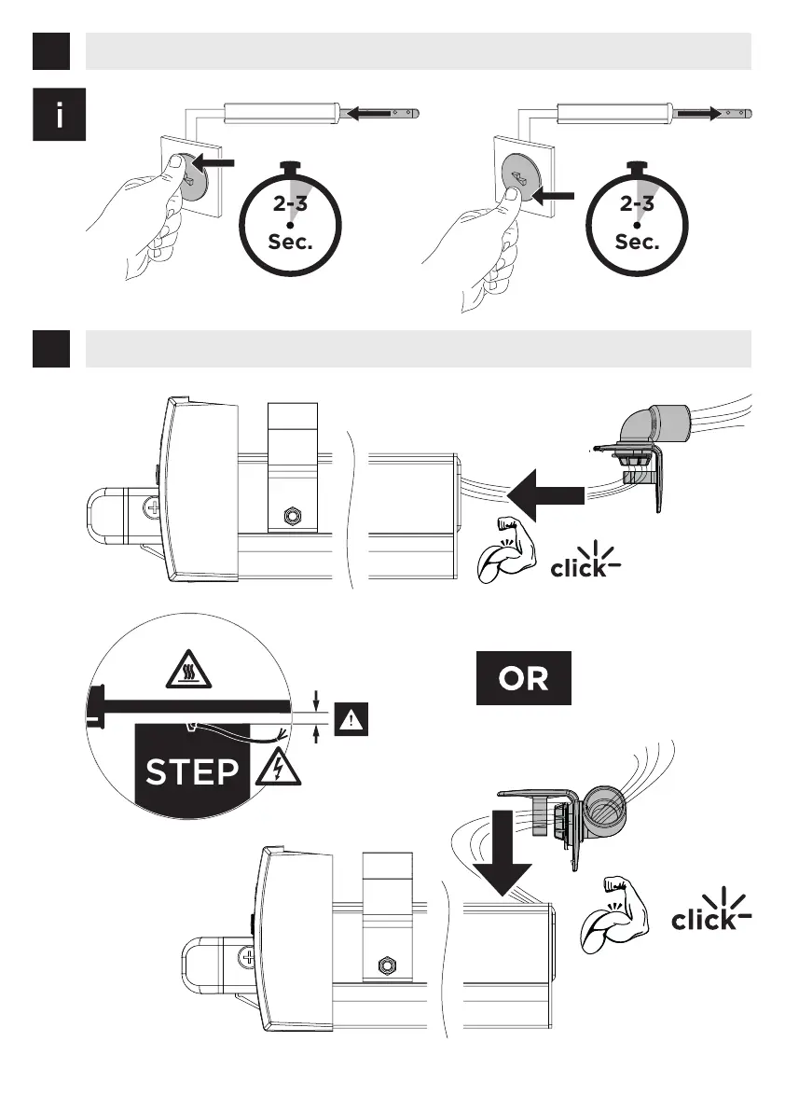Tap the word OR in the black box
pos(523,678)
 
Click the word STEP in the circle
pos(191,772)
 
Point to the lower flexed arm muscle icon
pos(614,916)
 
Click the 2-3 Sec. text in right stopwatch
pos(638,224)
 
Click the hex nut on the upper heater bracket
pos(292,514)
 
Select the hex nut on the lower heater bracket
pos(383,964)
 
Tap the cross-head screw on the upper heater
pos(155,509)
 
